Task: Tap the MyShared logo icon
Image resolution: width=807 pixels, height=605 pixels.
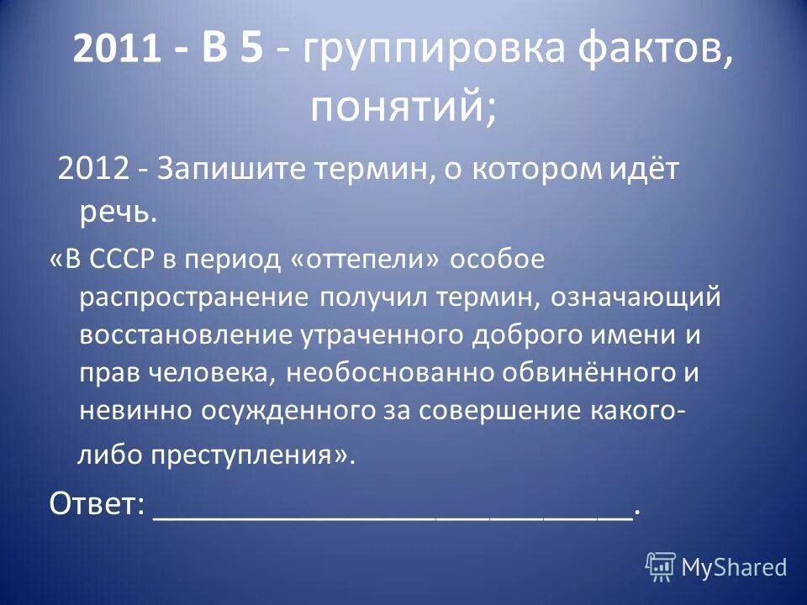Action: click(x=661, y=565)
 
